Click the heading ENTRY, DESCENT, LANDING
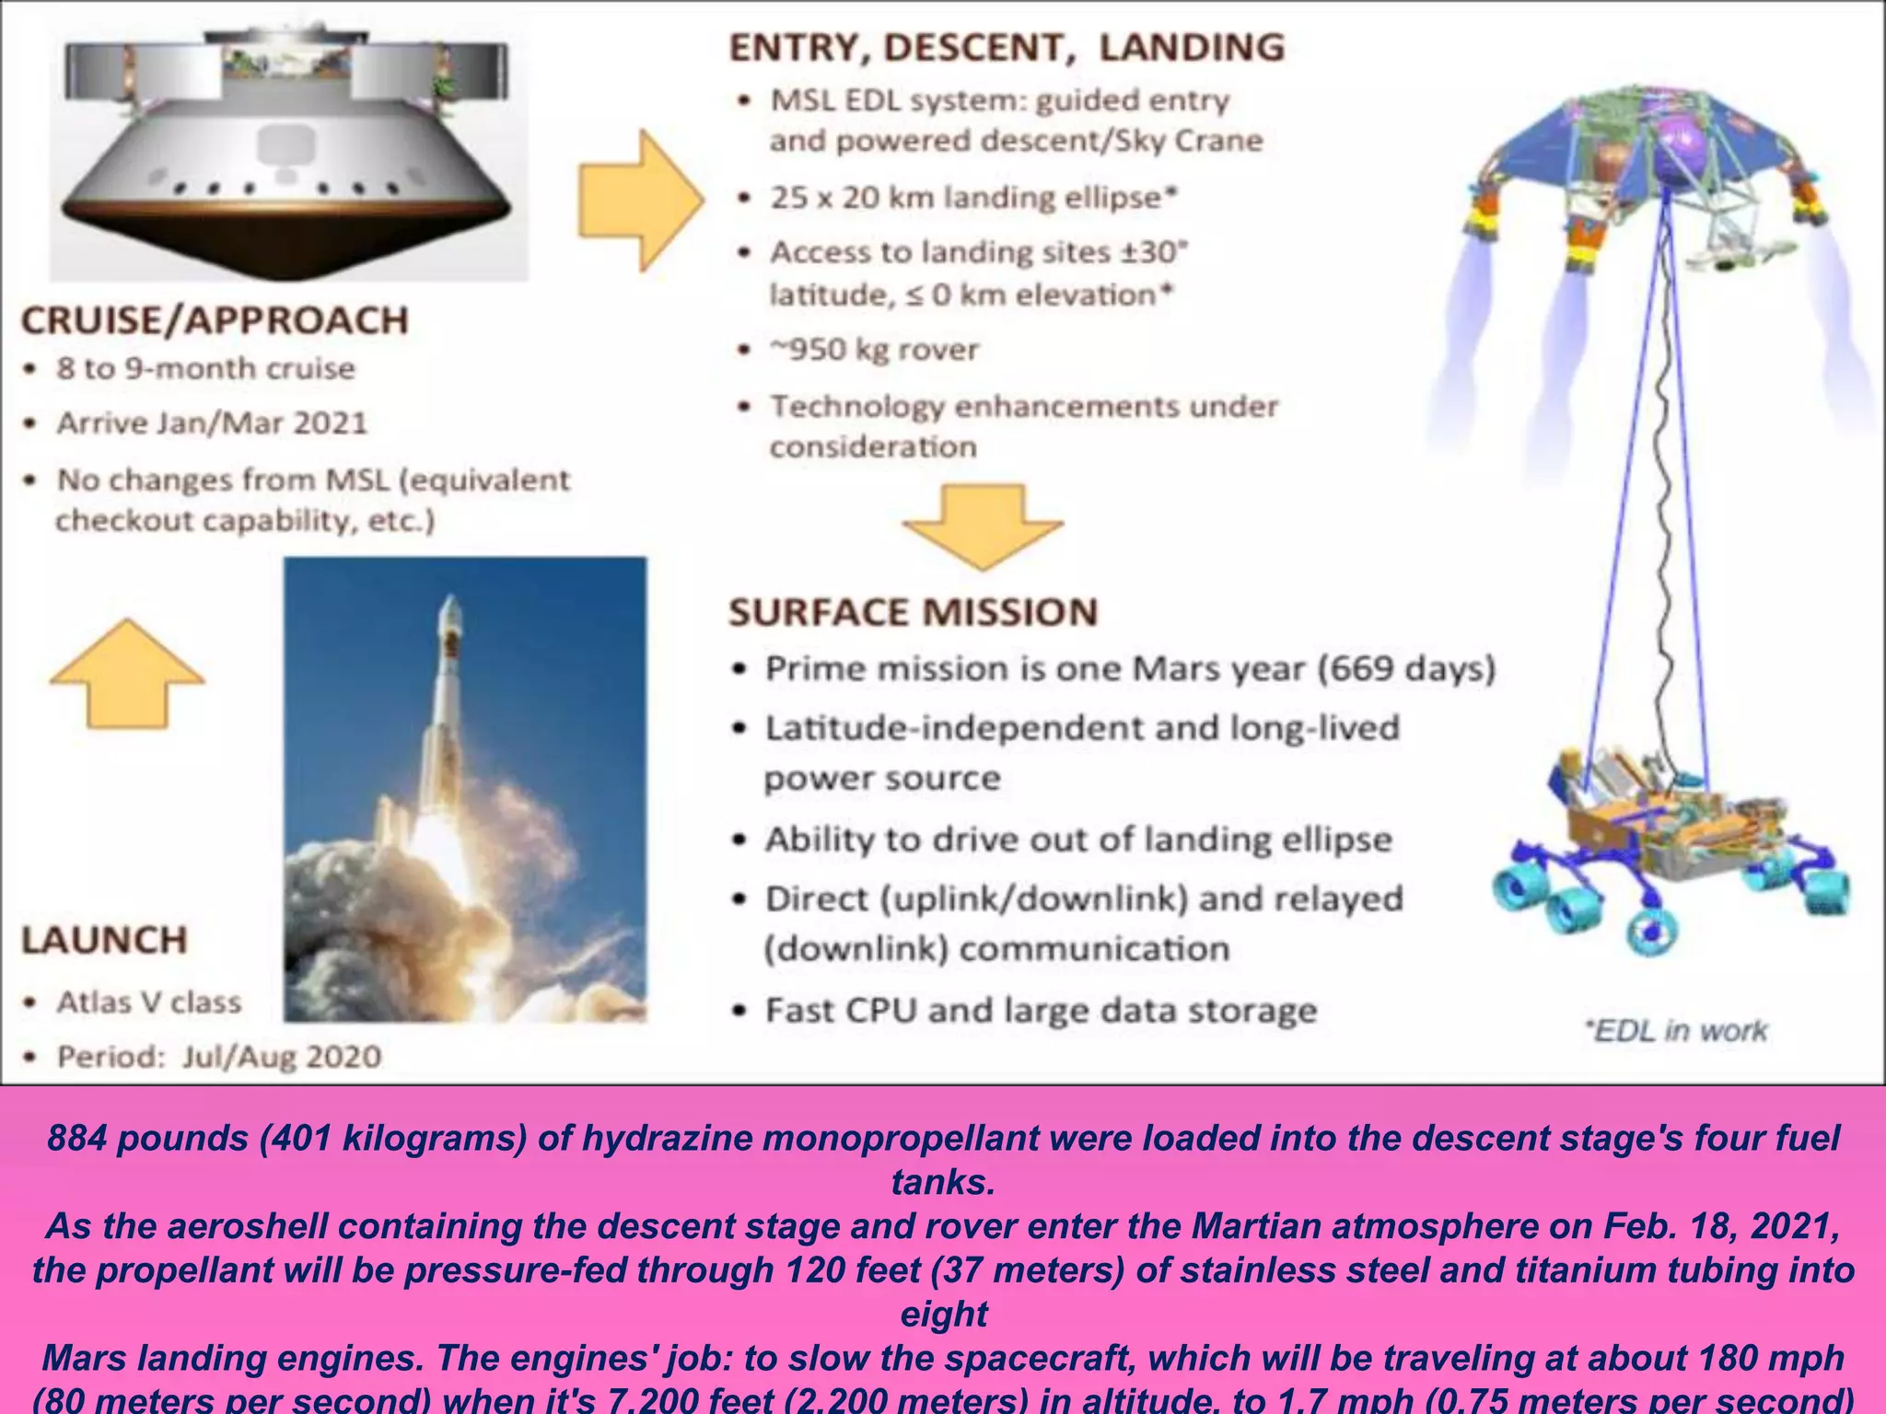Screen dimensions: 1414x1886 (1007, 48)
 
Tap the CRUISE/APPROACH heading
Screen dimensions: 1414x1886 (215, 320)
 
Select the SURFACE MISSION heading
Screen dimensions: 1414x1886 (913, 612)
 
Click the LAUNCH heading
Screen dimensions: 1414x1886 (104, 940)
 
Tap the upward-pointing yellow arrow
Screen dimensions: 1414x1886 (127, 674)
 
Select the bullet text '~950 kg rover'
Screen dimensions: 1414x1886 (874, 350)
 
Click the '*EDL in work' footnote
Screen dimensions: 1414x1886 (1676, 1030)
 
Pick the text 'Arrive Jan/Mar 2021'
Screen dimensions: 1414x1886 (212, 423)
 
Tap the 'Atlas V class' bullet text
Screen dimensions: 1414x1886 (149, 1002)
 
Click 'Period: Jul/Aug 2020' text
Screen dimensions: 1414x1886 (219, 1056)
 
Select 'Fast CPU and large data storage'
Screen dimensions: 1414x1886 (1041, 1011)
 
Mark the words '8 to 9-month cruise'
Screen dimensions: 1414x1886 (205, 368)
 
